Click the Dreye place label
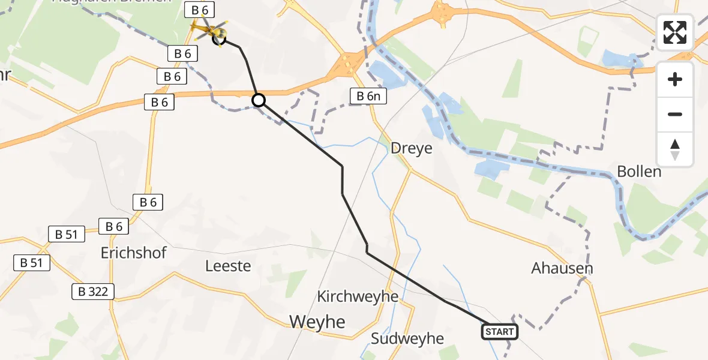pyautogui.click(x=411, y=148)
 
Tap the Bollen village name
pyautogui.click(x=640, y=172)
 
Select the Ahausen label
pyautogui.click(x=562, y=268)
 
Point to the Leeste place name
pyautogui.click(x=228, y=265)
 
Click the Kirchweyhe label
pyautogui.click(x=358, y=296)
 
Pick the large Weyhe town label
pyautogui.click(x=317, y=322)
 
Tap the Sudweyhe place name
pyautogui.click(x=407, y=338)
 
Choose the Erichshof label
pyautogui.click(x=134, y=252)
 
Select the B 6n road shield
pyautogui.click(x=369, y=95)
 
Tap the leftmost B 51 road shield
pyautogui.click(x=31, y=262)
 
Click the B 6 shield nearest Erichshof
pyautogui.click(x=114, y=226)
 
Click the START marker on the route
pyautogui.click(x=499, y=332)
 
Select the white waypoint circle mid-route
pyautogui.click(x=258, y=100)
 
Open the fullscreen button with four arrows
pyautogui.click(x=675, y=32)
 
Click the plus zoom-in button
pyautogui.click(x=675, y=79)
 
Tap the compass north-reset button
pyautogui.click(x=675, y=149)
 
